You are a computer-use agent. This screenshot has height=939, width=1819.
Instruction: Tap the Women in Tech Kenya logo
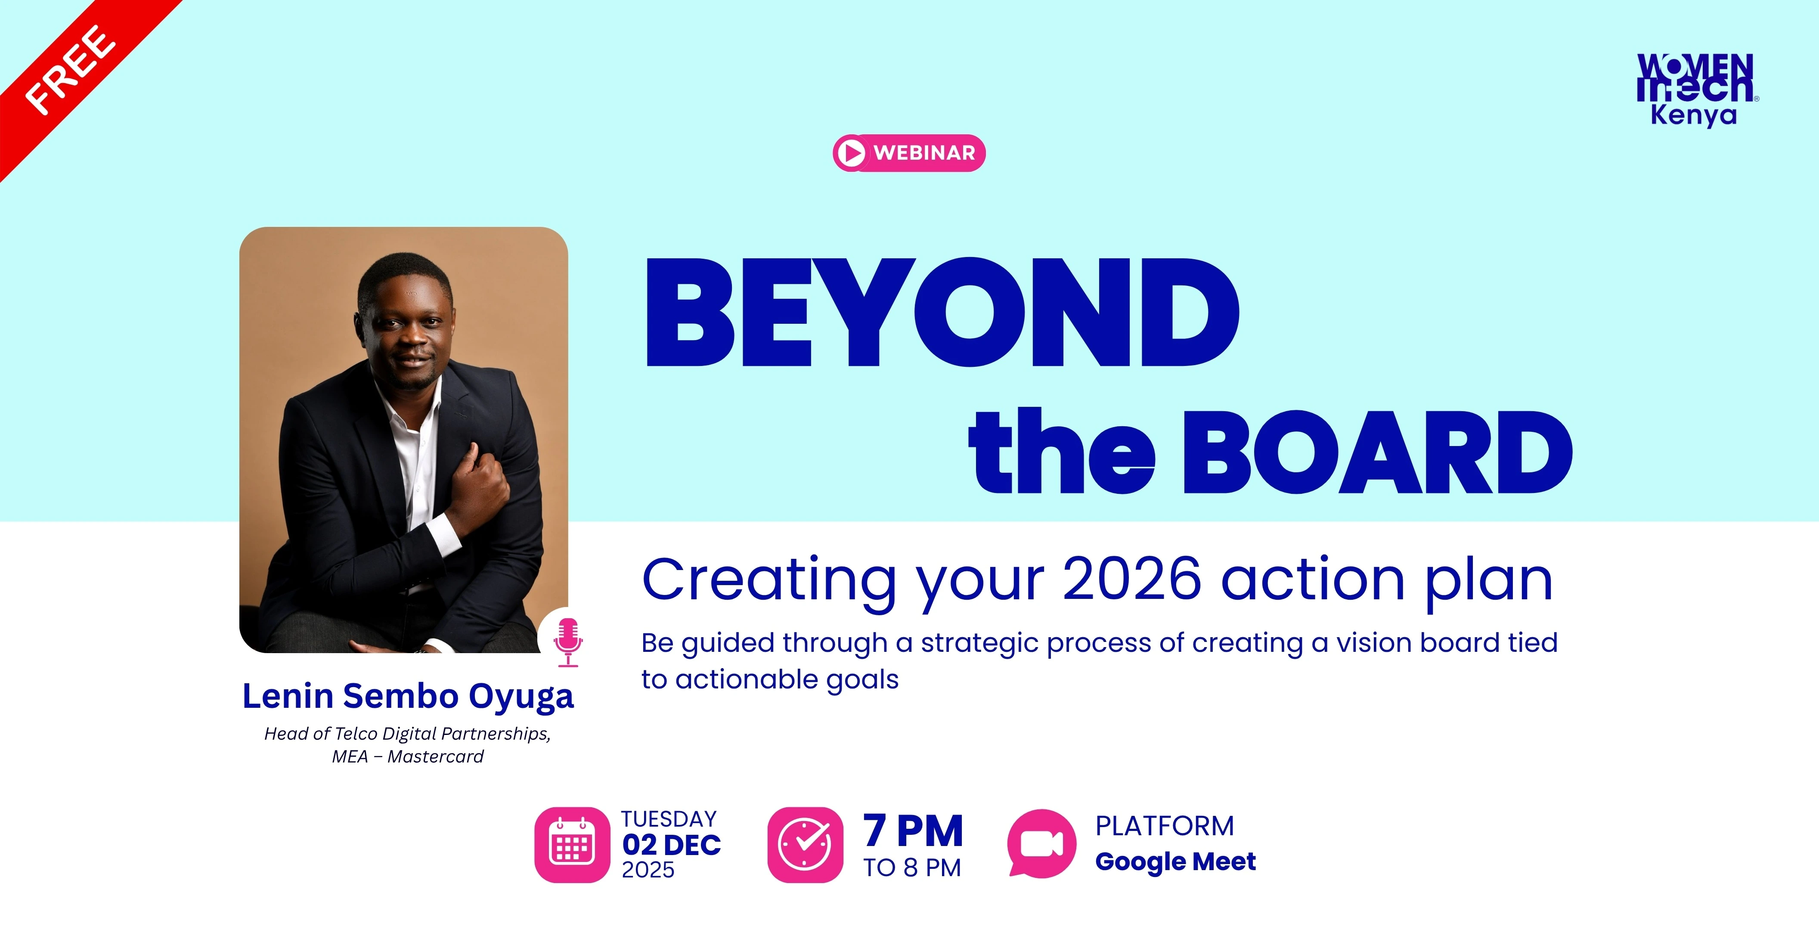click(1697, 90)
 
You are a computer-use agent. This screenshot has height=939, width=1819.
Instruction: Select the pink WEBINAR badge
click(909, 152)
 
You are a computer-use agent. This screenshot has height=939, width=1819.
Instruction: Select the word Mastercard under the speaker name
click(436, 757)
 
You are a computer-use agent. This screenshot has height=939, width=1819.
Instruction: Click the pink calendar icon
click(572, 844)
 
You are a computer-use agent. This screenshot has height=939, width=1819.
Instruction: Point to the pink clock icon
click(805, 844)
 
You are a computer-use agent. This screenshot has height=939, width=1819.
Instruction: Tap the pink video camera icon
click(1041, 844)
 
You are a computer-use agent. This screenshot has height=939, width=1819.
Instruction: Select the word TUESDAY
click(669, 819)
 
